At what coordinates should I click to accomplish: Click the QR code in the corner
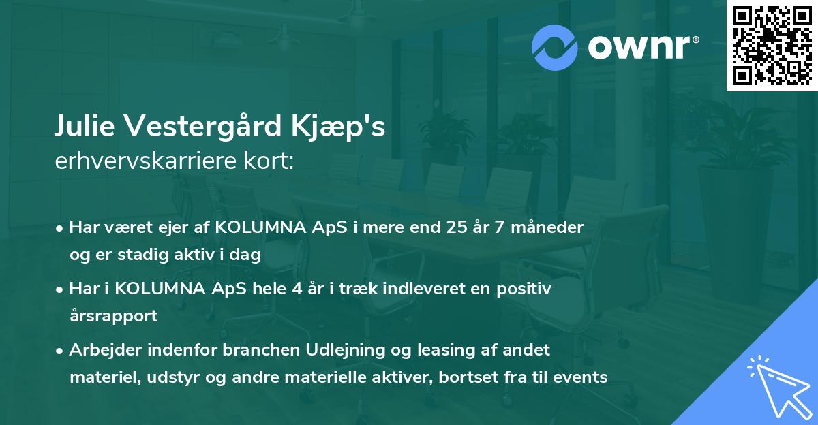(x=771, y=46)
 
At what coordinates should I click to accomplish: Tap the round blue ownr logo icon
(x=555, y=46)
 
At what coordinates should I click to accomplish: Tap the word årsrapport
(x=113, y=315)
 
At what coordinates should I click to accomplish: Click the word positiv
(x=524, y=289)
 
